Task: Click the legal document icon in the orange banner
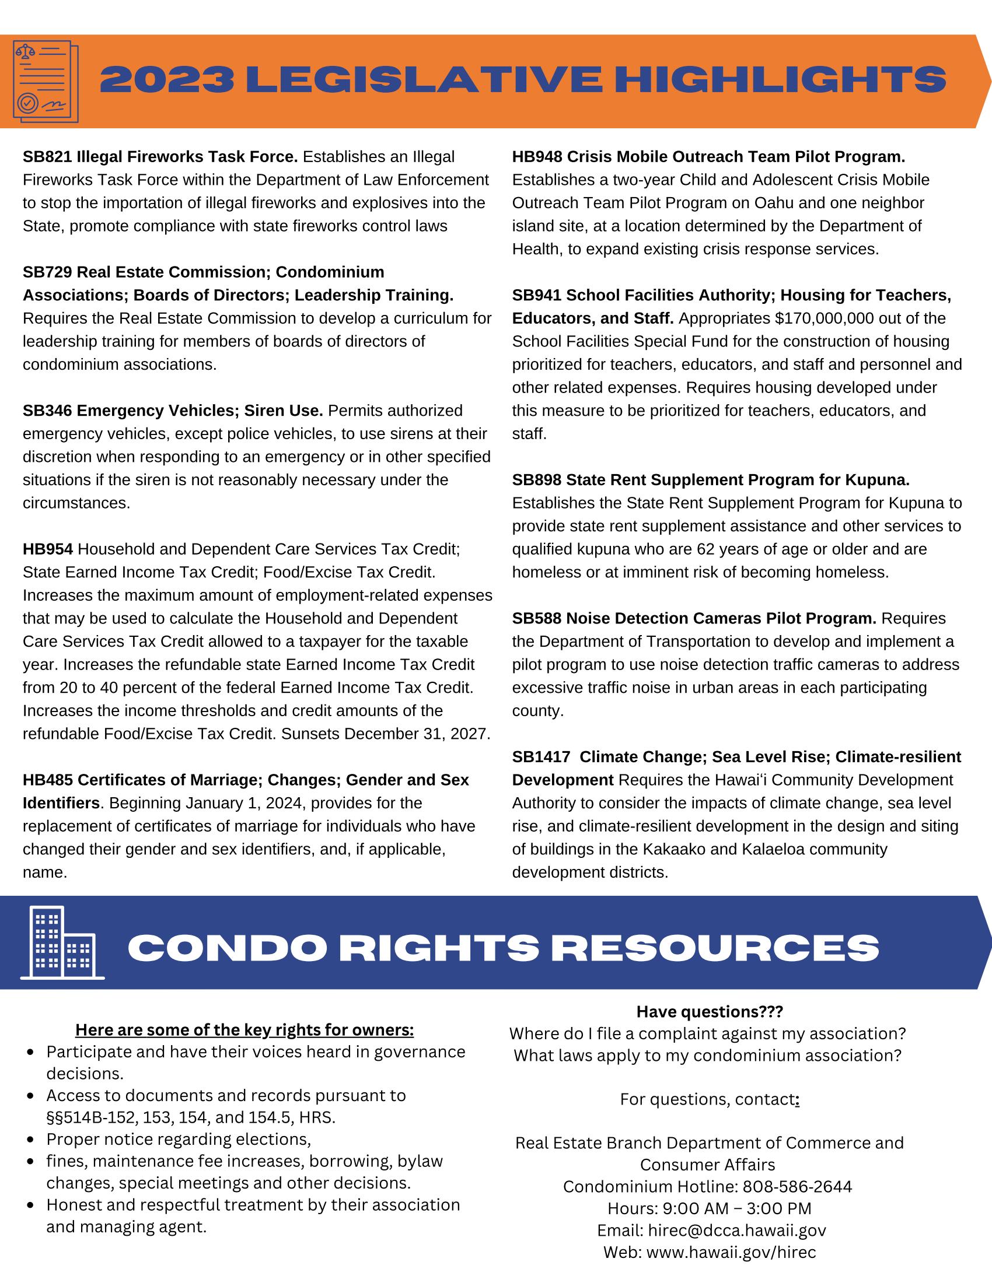[x=46, y=81]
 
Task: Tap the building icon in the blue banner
[x=62, y=943]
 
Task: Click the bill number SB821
[x=48, y=157]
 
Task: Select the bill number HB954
[x=48, y=549]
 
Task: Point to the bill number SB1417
[x=541, y=756]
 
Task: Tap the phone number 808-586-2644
[x=797, y=1187]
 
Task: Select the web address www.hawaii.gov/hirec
[x=731, y=1253]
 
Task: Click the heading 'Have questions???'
[x=710, y=1012]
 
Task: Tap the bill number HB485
[x=48, y=780]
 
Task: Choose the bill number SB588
[x=536, y=618]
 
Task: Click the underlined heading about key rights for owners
[x=244, y=1030]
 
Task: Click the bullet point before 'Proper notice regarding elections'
[x=32, y=1140]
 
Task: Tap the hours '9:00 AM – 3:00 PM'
[x=737, y=1208]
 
